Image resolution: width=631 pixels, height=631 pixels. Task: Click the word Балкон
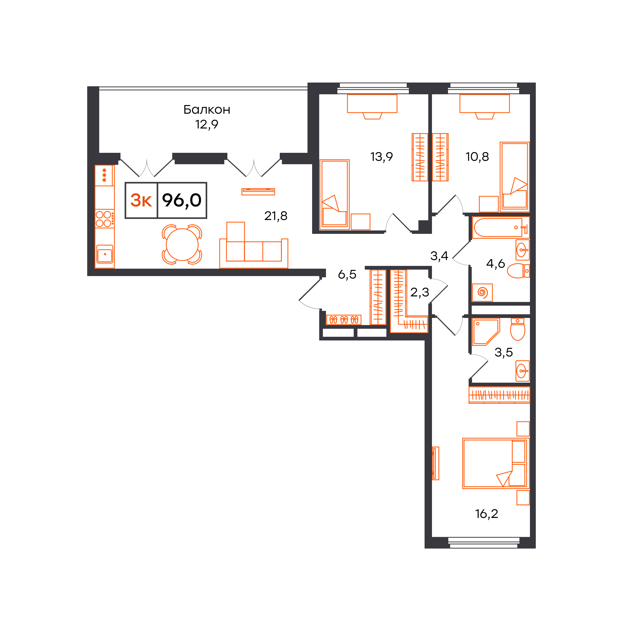[207, 110]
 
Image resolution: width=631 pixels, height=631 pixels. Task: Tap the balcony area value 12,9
[207, 124]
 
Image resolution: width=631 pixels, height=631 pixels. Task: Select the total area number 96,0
[182, 200]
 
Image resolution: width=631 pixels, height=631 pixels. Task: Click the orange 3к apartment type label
[141, 200]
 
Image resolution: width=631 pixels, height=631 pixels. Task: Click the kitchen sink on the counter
[104, 254]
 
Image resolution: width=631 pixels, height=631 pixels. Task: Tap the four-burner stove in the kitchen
[104, 218]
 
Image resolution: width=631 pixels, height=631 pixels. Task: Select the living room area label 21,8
[276, 216]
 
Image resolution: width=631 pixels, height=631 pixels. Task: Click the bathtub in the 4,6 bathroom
[500, 227]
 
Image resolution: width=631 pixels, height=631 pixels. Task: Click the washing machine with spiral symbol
[482, 292]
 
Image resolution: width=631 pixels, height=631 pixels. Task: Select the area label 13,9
[381, 157]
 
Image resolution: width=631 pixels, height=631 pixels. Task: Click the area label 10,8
[477, 157]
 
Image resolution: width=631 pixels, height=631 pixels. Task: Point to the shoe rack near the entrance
[344, 320]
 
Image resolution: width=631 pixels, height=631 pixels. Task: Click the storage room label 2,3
[420, 292]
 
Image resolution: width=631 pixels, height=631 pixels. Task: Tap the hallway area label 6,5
[347, 274]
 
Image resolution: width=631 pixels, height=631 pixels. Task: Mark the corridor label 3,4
[439, 256]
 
